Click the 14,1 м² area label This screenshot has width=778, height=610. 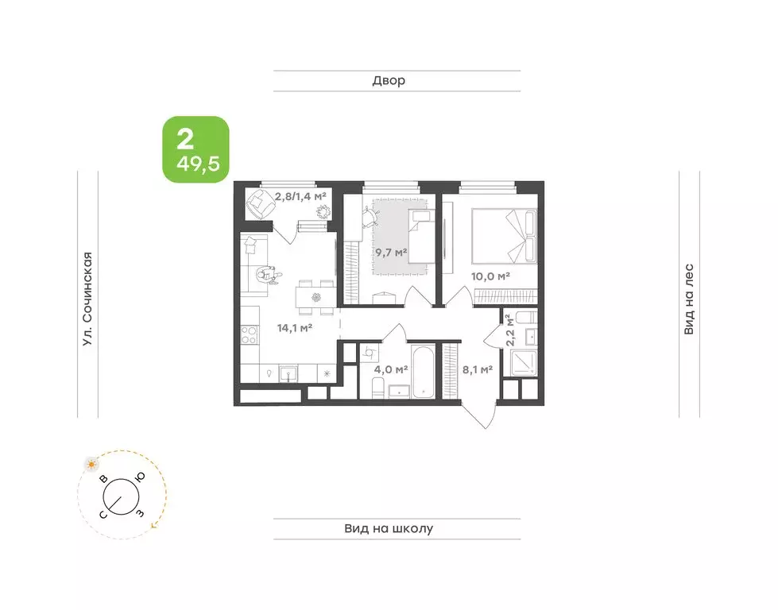294,327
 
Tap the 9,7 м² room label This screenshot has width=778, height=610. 391,253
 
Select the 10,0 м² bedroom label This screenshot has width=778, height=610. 490,276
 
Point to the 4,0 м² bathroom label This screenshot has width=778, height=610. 391,369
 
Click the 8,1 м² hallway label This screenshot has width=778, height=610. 478,369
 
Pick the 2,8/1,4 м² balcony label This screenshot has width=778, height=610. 300,196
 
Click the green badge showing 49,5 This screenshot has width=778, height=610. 196,149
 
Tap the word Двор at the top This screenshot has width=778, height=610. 389,80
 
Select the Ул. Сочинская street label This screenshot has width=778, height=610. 87,299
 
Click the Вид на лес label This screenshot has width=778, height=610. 689,299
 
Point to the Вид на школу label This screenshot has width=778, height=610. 389,529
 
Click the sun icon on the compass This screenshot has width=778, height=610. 91,464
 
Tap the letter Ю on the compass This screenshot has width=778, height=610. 141,477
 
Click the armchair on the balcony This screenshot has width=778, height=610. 258,203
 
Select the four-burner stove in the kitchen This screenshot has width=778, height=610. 250,334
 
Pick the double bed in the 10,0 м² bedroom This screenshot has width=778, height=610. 504,236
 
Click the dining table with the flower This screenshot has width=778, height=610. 315,298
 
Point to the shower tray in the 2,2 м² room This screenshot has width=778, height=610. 524,363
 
